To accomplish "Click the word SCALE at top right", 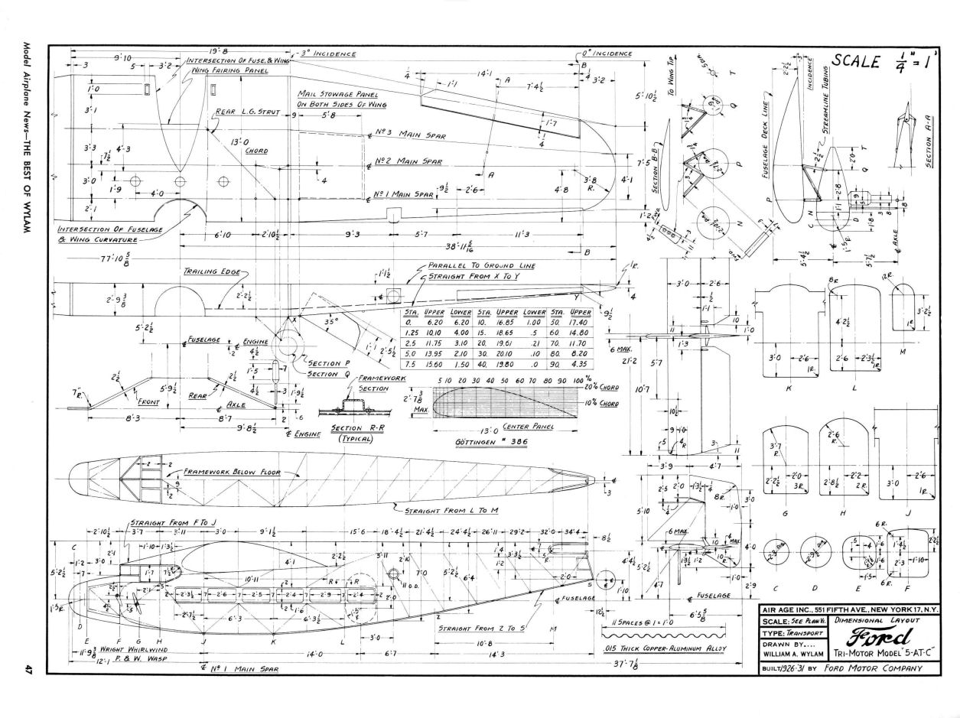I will click(854, 62).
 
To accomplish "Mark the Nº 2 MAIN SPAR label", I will click(408, 162).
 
